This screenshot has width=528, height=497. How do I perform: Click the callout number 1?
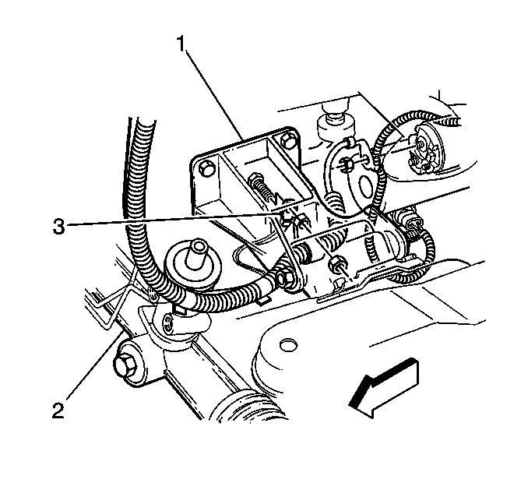tap(181, 44)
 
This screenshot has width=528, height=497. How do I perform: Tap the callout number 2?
tap(58, 410)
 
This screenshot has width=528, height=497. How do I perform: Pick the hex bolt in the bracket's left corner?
tap(206, 168)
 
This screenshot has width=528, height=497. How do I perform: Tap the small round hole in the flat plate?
tap(289, 345)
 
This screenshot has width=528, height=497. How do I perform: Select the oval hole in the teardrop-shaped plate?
tap(366, 185)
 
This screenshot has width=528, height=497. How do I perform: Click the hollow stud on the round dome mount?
tap(197, 251)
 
